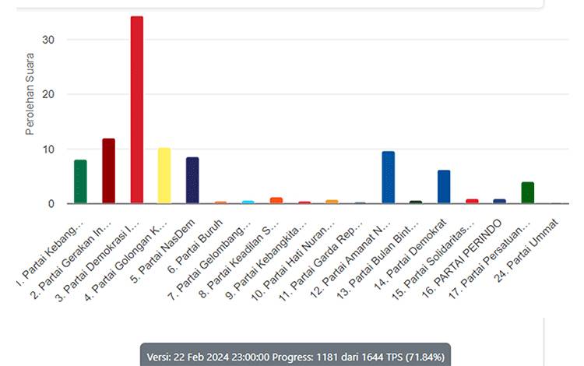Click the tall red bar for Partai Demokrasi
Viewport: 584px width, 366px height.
point(137,110)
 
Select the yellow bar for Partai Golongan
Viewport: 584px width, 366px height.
point(164,176)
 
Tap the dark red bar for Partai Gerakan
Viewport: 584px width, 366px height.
point(109,171)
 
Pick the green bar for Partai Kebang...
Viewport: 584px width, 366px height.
point(80,181)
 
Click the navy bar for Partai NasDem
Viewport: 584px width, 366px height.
point(192,180)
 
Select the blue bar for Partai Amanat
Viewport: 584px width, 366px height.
point(388,178)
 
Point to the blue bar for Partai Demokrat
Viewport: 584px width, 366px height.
point(444,187)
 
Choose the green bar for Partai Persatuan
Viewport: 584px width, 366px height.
point(528,193)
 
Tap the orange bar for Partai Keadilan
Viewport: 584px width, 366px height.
point(276,200)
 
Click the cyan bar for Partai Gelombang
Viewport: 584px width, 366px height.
point(248,202)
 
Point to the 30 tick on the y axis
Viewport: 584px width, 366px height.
point(49,40)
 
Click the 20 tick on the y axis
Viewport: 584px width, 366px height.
point(49,94)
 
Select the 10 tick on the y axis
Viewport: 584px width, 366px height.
point(49,149)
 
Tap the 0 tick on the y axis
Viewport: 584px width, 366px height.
point(51,204)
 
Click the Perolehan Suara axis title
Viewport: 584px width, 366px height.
point(30,93)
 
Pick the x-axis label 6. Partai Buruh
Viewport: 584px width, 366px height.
point(195,247)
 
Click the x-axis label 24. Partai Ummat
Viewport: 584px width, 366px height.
point(526,252)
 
